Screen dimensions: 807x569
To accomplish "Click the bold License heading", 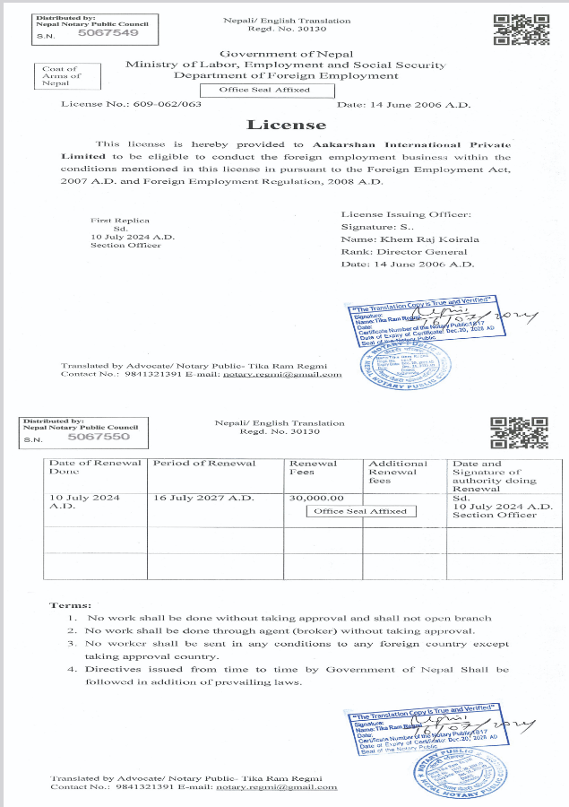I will pyautogui.click(x=273, y=125).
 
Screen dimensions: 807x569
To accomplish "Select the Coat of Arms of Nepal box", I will pyautogui.click(x=62, y=76).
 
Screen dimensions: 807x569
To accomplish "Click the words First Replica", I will pyautogui.click(x=119, y=221).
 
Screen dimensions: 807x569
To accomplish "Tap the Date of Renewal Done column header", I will pyautogui.click(x=95, y=466).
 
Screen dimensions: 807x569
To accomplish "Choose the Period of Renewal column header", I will pyautogui.click(x=204, y=463).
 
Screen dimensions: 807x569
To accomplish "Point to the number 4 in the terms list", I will pyautogui.click(x=72, y=669).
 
